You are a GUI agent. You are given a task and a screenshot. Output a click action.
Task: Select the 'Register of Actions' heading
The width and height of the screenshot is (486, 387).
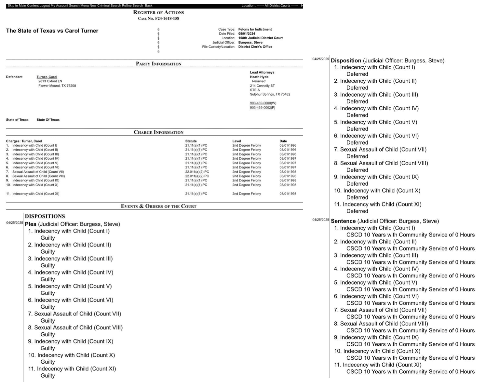(x=158, y=12)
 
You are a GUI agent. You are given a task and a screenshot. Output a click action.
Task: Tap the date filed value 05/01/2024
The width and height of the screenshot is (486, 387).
(x=247, y=33)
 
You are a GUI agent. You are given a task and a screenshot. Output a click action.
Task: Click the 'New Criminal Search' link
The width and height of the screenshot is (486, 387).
(x=105, y=6)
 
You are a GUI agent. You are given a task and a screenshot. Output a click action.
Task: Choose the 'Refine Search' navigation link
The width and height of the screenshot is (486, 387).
(x=132, y=6)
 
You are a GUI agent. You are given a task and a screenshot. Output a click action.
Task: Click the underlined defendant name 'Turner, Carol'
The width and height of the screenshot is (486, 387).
(x=47, y=77)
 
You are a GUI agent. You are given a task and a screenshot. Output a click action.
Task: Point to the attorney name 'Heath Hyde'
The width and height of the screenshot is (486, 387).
(x=259, y=77)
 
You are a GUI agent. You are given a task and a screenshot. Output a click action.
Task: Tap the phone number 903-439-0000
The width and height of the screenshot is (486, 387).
(x=260, y=103)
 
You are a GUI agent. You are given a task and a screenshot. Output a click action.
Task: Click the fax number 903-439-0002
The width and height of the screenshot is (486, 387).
(x=260, y=108)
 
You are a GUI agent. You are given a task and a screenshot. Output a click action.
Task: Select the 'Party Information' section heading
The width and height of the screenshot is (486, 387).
(x=158, y=64)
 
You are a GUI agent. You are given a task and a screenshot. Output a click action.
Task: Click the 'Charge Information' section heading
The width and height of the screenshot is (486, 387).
(x=158, y=132)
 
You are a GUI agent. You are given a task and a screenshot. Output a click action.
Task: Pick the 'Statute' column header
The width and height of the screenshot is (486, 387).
(x=191, y=141)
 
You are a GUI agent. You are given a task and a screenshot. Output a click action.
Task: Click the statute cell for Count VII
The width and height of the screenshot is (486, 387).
(x=197, y=172)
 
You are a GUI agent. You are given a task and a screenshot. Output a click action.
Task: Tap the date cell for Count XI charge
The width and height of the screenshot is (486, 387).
(x=288, y=193)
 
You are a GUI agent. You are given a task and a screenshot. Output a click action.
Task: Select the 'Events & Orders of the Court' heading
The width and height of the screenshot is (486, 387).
(x=158, y=206)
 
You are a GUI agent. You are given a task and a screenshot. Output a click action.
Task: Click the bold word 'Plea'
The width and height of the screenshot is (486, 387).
(x=31, y=224)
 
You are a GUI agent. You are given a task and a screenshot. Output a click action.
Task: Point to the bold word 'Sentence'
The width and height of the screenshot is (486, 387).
(x=343, y=221)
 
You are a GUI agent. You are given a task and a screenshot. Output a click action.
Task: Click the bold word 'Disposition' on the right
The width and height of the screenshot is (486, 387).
(x=346, y=60)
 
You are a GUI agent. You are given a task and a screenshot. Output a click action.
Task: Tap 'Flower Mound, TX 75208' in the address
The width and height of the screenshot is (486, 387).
(x=57, y=86)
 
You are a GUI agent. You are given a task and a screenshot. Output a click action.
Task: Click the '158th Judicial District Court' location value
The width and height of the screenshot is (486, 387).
(x=260, y=38)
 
